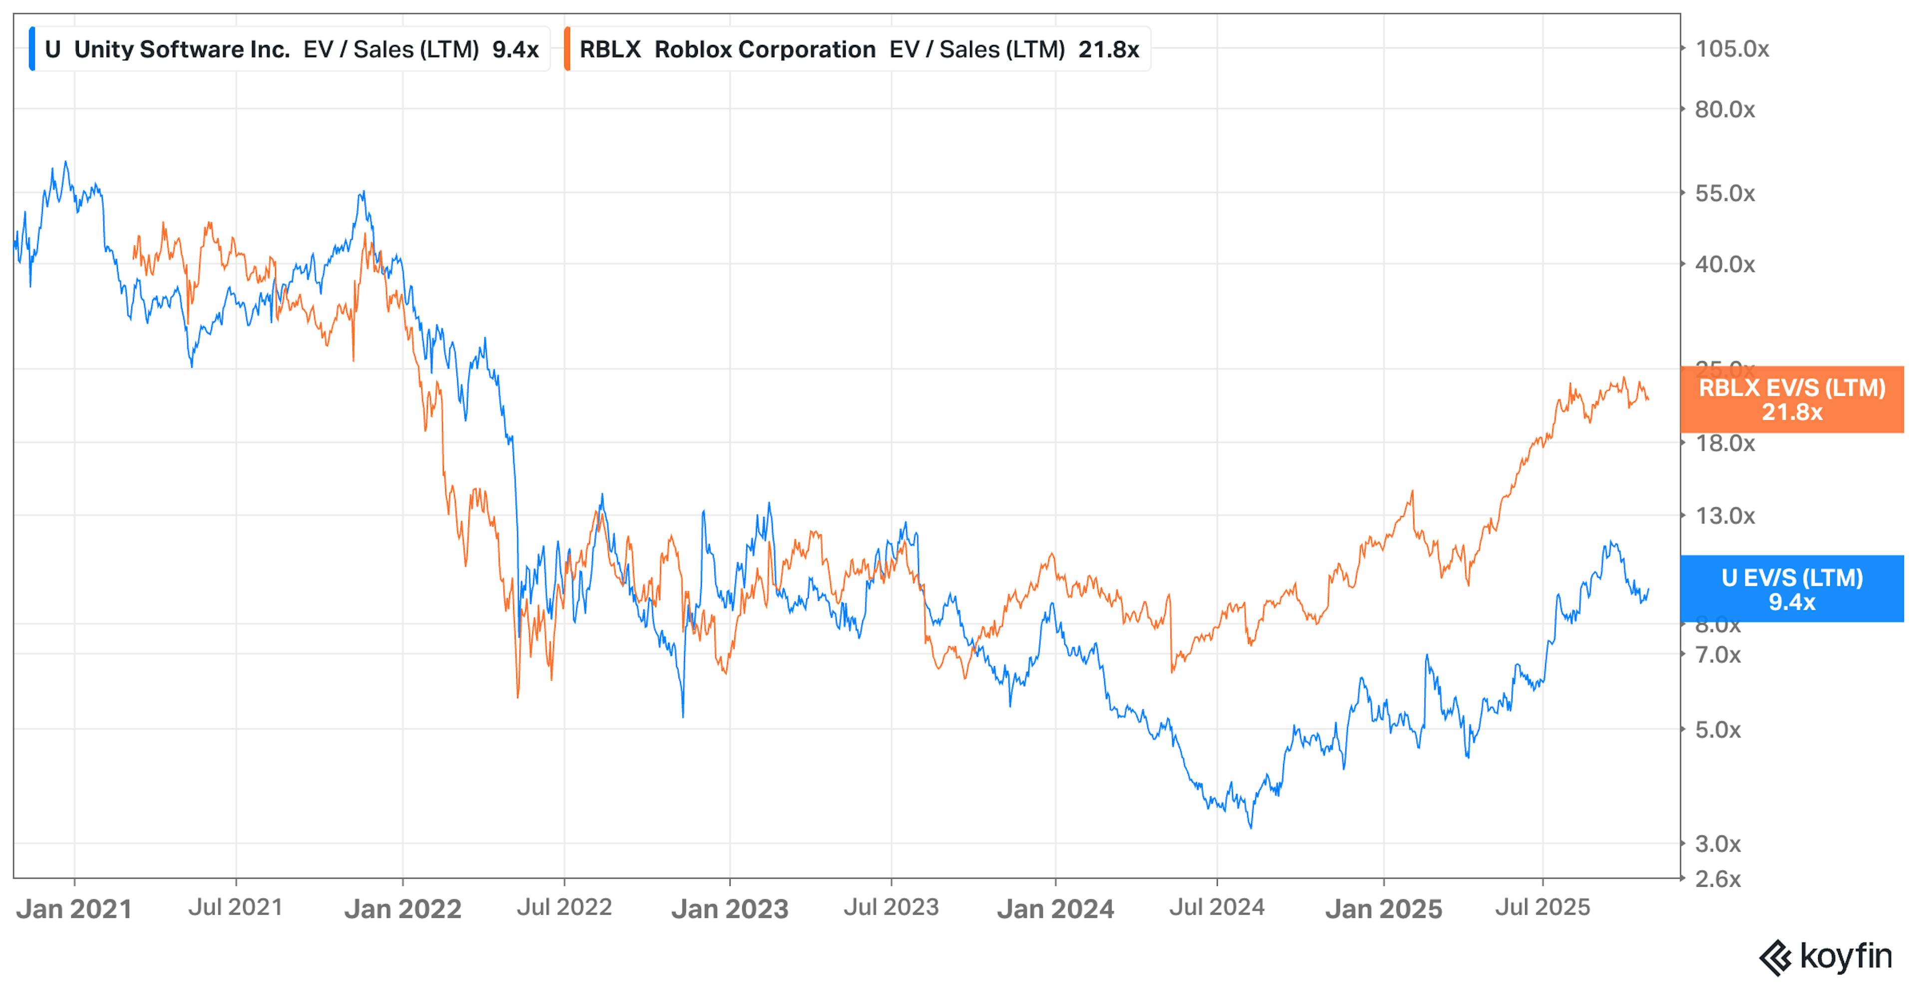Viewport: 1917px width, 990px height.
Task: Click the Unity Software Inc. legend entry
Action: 181,49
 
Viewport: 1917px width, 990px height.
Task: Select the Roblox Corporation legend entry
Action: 764,49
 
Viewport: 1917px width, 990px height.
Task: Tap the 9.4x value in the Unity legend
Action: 515,49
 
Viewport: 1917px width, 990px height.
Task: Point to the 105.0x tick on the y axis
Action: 1732,49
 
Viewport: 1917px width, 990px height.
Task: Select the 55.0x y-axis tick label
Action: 1724,194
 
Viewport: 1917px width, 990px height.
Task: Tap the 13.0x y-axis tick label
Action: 1724,515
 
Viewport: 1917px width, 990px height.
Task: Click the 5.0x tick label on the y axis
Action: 1717,730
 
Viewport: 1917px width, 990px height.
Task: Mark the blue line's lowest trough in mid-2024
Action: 1250,826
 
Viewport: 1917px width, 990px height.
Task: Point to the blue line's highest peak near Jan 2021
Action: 65,162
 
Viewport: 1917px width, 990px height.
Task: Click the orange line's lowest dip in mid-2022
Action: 518,696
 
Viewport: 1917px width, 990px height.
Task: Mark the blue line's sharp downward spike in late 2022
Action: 683,716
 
